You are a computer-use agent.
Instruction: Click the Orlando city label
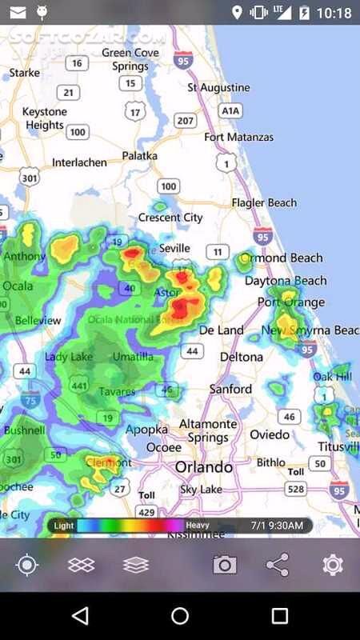[x=204, y=466]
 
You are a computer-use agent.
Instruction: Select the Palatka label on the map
[x=139, y=156]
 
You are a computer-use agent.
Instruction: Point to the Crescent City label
[x=170, y=217]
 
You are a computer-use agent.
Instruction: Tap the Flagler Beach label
[x=265, y=202]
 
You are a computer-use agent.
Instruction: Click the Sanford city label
[x=230, y=389]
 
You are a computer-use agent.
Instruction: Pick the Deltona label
[x=241, y=356]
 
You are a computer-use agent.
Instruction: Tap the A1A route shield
[x=230, y=110]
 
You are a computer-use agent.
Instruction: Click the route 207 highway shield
[x=186, y=121]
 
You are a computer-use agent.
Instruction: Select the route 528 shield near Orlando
[x=296, y=489]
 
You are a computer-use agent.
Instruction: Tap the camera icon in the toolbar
[x=225, y=565]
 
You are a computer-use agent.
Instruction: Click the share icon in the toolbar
[x=278, y=565]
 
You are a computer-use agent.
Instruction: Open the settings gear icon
[x=333, y=565]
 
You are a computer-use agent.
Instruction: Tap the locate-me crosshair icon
[x=27, y=565]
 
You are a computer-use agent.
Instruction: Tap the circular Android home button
[x=180, y=615]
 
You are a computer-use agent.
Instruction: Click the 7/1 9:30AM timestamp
[x=277, y=526]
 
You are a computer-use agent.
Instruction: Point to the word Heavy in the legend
[x=198, y=526]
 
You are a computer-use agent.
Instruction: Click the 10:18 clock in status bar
[x=334, y=13]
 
